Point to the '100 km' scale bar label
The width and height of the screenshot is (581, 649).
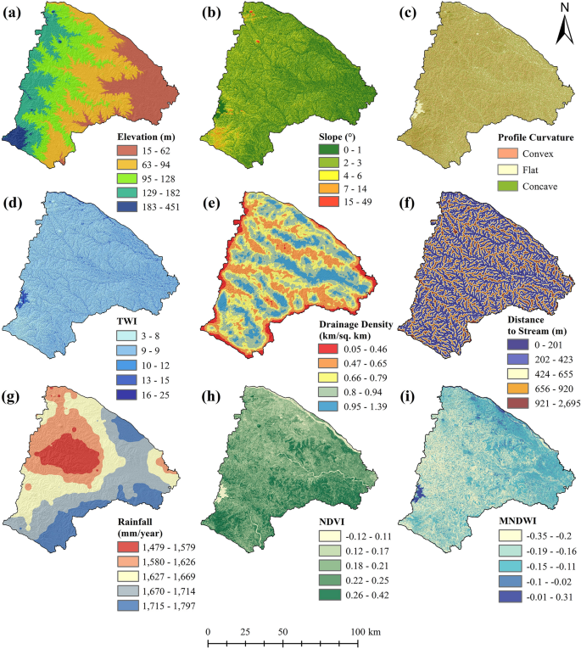click(x=365, y=632)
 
